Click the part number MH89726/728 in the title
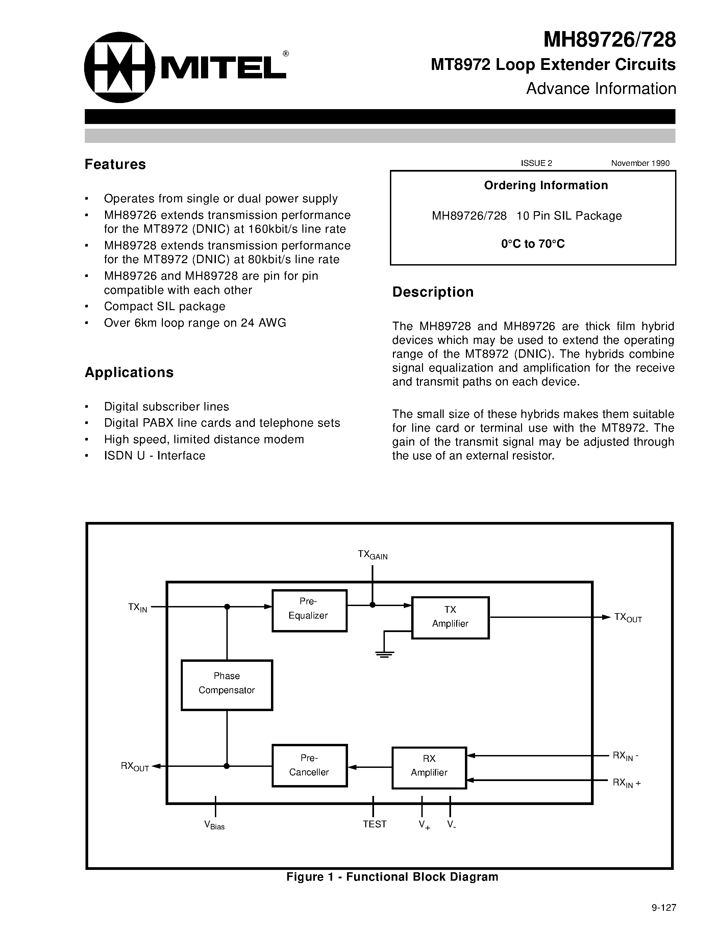(609, 40)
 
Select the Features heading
(115, 164)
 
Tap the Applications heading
(129, 372)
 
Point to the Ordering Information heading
(546, 185)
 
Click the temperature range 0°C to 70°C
(533, 244)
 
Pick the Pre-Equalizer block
(309, 610)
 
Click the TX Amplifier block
(450, 618)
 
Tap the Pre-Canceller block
(309, 765)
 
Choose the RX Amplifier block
(429, 768)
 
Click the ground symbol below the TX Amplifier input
(385, 654)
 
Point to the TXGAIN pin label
(372, 555)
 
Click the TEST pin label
(374, 824)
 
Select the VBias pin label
(214, 825)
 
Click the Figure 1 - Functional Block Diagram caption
(392, 877)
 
